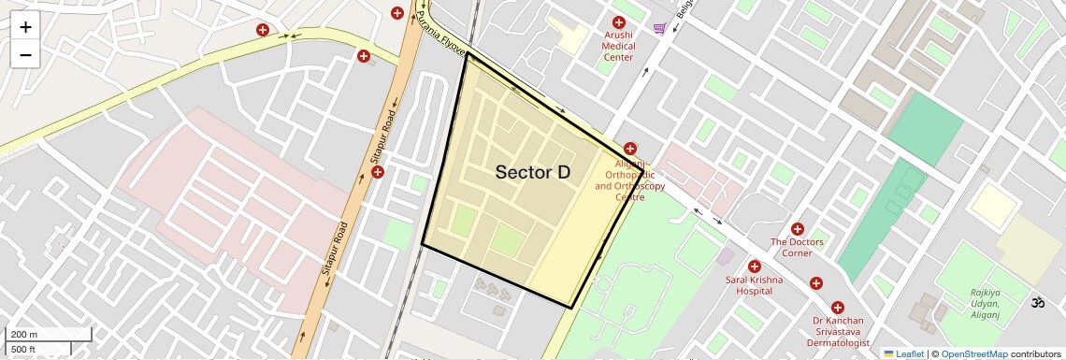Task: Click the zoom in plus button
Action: [25, 27]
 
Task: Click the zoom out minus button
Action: [25, 54]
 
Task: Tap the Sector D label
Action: [532, 172]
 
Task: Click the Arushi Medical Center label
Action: [618, 45]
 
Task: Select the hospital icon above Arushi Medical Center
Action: [618, 22]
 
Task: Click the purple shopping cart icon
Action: [660, 29]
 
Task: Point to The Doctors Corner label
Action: [797, 248]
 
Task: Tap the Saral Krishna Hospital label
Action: [754, 284]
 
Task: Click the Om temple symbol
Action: [1036, 303]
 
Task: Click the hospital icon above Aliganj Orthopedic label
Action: [630, 149]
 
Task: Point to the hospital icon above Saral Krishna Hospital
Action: [754, 266]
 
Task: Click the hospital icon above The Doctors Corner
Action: [798, 229]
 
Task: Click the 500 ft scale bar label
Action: [24, 350]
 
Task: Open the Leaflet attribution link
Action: [903, 353]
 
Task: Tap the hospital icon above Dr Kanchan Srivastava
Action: [837, 307]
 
